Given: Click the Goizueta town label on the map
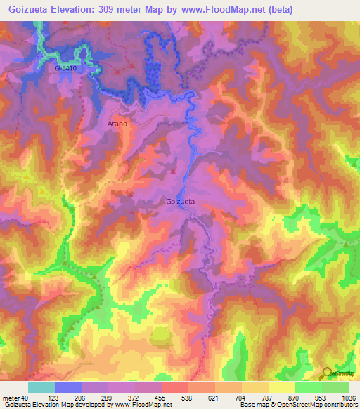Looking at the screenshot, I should pyautogui.click(x=181, y=202).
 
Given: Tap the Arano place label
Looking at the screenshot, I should pyautogui.click(x=117, y=124).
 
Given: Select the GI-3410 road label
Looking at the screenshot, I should pyautogui.click(x=65, y=69).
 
